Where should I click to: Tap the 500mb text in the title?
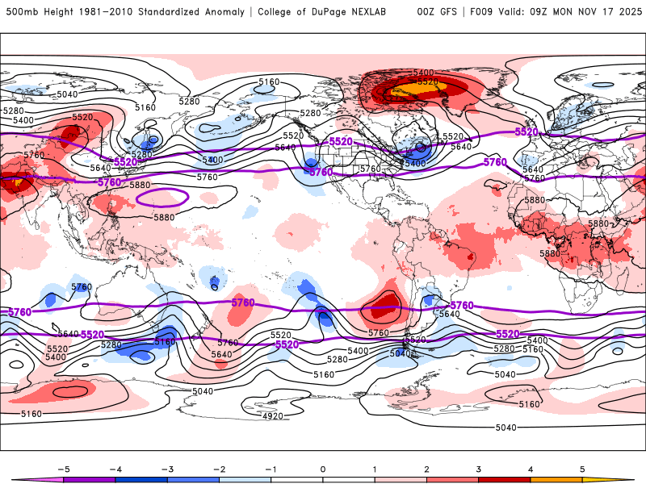click(x=20, y=12)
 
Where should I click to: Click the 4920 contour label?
click(x=273, y=416)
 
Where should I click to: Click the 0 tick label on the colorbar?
click(x=323, y=468)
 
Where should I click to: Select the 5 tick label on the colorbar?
click(x=582, y=468)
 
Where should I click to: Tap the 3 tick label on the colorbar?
click(x=479, y=468)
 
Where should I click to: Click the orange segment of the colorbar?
click(x=556, y=479)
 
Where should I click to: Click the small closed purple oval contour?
click(x=164, y=197)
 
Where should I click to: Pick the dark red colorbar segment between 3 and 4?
click(x=505, y=479)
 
